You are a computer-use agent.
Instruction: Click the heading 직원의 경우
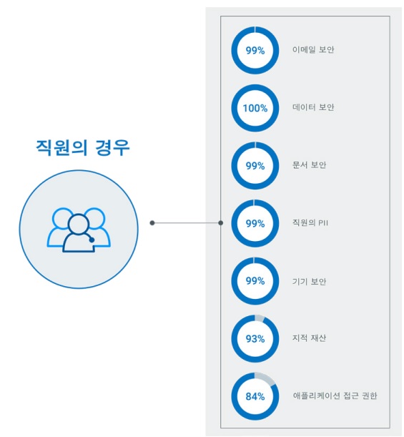83,147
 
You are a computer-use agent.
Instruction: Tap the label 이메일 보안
313,49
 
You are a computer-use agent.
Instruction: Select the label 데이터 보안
313,107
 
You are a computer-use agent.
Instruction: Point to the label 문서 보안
309,165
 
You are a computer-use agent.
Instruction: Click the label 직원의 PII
310,222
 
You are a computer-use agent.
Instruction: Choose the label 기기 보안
309,281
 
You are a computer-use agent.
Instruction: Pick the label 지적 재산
309,338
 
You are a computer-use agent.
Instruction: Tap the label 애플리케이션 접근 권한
335,396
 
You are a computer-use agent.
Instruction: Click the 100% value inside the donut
255,108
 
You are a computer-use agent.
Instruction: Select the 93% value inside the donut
255,338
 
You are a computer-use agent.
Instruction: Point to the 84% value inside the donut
255,396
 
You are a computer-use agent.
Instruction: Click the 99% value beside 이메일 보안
255,51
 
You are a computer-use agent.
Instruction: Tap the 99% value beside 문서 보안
255,166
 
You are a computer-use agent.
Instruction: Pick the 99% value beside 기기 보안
255,281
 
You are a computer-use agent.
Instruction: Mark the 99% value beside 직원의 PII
255,223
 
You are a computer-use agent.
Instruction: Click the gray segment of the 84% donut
265,378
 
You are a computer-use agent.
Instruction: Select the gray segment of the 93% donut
260,318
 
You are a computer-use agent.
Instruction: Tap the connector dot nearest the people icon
152,223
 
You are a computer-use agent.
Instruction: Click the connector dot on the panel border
221,223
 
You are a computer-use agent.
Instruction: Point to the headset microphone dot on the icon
92,240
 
